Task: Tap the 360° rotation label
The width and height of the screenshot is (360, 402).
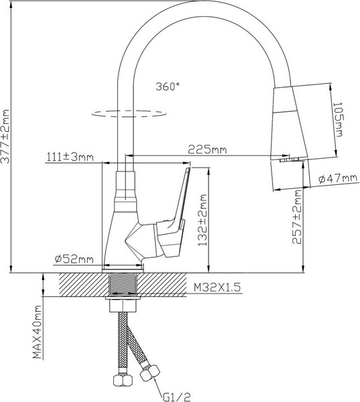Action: pos(168,86)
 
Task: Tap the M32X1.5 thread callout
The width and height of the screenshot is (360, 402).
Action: pos(217,287)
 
